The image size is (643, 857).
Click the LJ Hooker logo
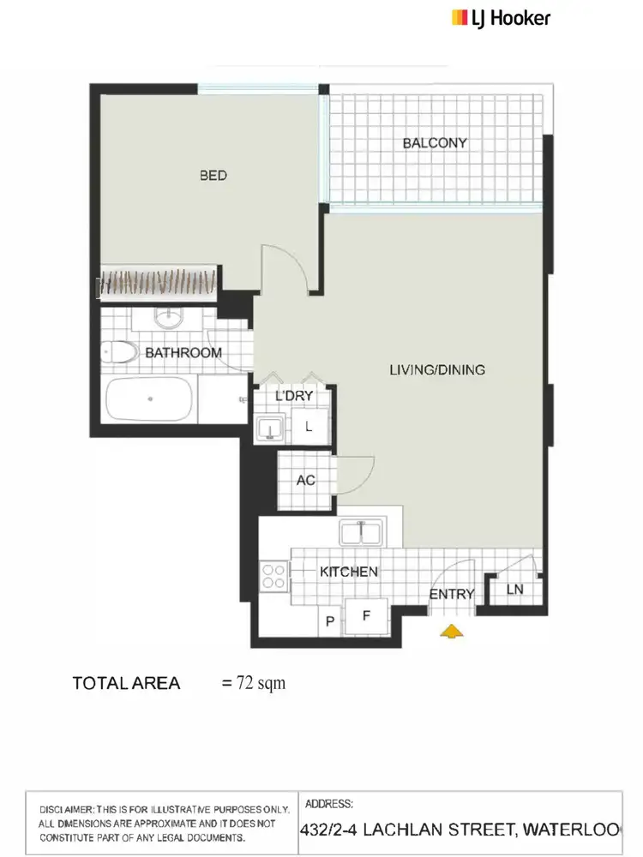[x=501, y=17]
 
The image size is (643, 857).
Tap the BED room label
[x=213, y=176]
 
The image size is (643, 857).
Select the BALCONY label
[x=435, y=143]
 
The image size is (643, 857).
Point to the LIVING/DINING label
[x=437, y=370]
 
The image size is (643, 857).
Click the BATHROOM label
[x=183, y=352]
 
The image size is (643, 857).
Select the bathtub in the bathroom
[x=149, y=399]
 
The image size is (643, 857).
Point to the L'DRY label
[x=294, y=396]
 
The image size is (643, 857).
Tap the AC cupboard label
[x=305, y=481]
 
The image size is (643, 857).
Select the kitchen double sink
[x=364, y=533]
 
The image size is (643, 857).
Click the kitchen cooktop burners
[x=274, y=574]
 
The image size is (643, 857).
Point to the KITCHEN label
[x=349, y=572]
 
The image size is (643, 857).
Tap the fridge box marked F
[x=366, y=615]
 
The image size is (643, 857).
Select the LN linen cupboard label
[x=514, y=590]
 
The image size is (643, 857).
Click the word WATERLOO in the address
[x=582, y=830]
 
